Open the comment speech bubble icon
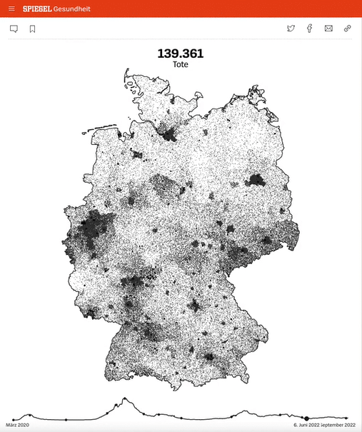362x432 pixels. [x=14, y=29]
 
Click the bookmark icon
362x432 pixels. [x=32, y=29]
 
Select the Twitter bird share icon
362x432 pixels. [x=291, y=29]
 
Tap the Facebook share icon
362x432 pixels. [x=309, y=29]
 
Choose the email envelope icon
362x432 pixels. [x=328, y=29]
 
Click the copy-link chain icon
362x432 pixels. [x=348, y=29]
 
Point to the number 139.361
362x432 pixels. [x=180, y=54]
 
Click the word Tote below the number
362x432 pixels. [x=180, y=64]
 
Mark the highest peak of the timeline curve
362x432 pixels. [x=124, y=398]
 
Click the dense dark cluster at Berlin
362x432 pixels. [x=254, y=180]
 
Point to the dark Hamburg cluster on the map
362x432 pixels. [x=170, y=133]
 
